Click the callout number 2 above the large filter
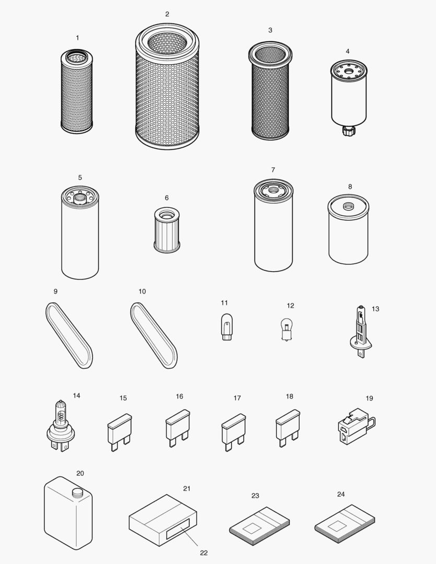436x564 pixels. coord(167,14)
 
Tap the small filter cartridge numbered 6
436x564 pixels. coord(167,230)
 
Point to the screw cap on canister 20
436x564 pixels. coord(77,491)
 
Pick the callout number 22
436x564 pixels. coord(204,553)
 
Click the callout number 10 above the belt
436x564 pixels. coord(143,291)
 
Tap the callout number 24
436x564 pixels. coord(341,494)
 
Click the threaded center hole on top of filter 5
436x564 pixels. coord(79,198)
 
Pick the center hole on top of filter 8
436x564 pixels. coord(347,205)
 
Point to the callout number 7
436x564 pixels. coord(273,170)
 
